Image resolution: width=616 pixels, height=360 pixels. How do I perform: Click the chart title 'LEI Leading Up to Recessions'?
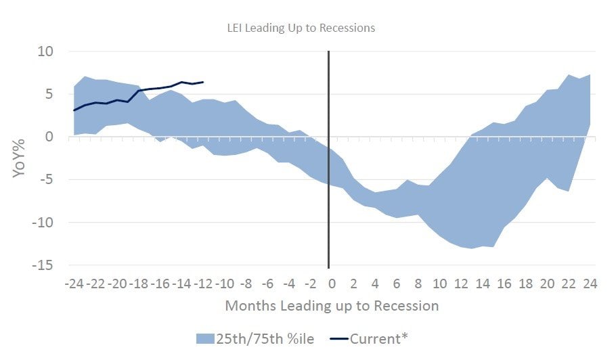301,28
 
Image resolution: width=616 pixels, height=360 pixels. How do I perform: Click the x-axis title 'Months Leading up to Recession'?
332,306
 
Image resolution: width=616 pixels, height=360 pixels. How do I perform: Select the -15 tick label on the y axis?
43,265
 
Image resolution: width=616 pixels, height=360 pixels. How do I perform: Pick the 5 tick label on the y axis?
50,94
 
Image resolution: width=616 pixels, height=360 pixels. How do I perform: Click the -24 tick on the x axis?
74,282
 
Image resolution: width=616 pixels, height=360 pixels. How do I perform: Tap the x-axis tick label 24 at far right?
590,282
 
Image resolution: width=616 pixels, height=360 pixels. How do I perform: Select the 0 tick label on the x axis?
332,282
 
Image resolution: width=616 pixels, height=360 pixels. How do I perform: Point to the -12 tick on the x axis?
202,282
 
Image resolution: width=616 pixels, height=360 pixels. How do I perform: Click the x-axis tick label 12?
461,282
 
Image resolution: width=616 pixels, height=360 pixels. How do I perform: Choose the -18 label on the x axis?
138,282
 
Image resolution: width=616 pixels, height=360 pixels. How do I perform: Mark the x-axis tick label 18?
525,282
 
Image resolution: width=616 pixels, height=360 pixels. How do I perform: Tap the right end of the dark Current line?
203,82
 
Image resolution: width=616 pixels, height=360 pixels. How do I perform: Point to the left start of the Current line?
74,110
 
